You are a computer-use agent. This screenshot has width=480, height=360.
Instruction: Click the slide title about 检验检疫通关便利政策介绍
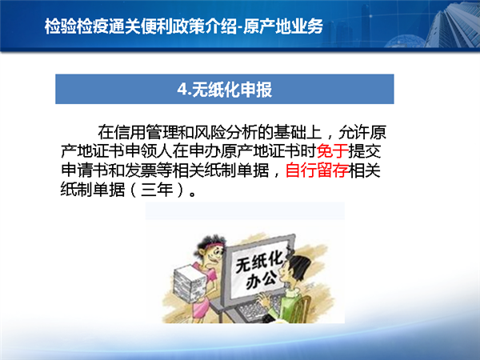[x=184, y=26]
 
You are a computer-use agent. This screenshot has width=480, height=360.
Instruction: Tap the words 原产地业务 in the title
[x=283, y=26]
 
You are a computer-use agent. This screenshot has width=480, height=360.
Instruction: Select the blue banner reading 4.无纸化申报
[x=224, y=89]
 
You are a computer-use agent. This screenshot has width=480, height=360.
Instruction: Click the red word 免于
[x=333, y=151]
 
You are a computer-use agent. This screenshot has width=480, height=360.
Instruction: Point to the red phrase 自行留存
[x=317, y=170]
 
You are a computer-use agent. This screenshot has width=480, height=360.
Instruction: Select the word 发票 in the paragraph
[x=140, y=170]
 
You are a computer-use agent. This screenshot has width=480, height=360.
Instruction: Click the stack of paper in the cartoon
[x=189, y=283]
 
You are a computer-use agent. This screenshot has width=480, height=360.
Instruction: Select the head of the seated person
[x=294, y=271]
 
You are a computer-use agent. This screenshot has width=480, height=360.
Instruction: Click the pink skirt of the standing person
[x=201, y=308]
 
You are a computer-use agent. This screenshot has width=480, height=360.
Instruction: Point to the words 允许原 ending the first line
[x=362, y=132]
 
